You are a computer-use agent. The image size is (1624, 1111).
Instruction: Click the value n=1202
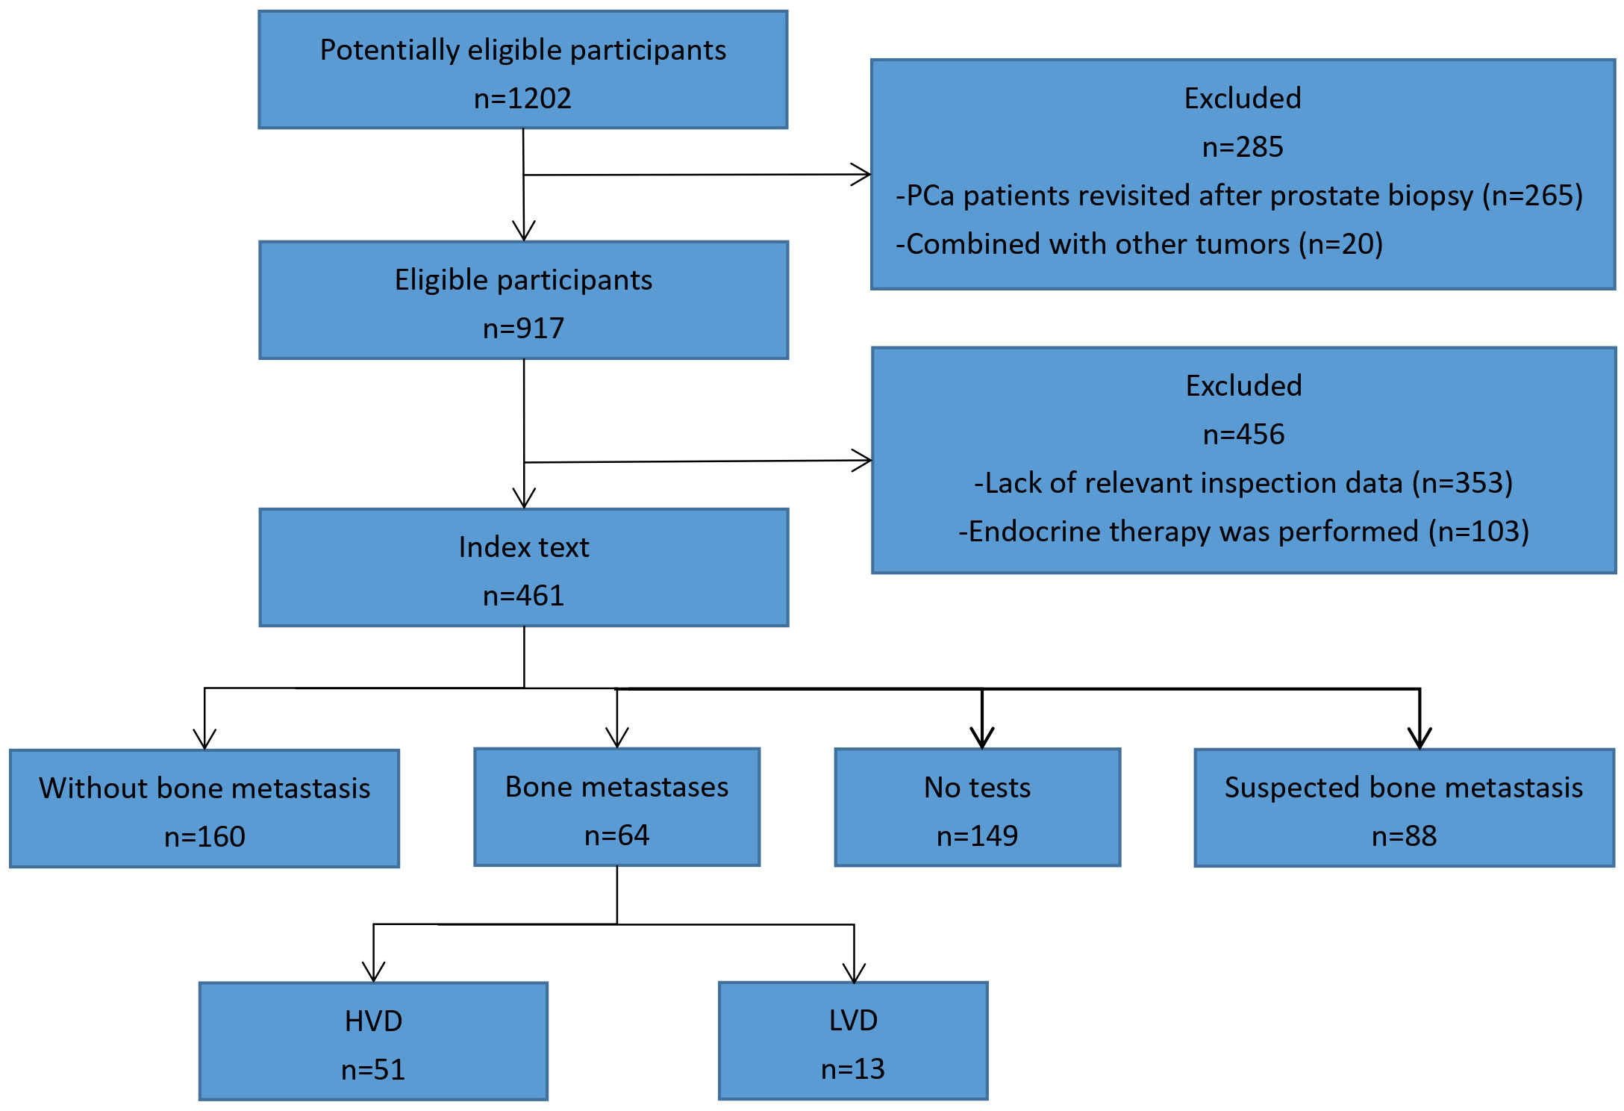522,99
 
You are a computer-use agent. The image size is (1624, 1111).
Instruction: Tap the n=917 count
523,329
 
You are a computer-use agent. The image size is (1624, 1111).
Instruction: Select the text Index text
523,547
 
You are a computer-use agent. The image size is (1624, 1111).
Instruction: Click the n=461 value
523,596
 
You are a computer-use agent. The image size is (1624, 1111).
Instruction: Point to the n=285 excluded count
1243,147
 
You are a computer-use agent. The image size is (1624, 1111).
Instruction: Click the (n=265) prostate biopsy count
1532,196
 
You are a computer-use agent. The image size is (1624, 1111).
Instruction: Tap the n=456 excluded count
1243,435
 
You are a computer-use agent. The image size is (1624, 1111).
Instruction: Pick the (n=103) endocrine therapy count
1478,532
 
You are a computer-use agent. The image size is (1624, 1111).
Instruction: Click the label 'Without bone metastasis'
204,788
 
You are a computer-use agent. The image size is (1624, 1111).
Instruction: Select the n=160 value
204,837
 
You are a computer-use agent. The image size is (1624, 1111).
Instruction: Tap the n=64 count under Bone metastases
616,835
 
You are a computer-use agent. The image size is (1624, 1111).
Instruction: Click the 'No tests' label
977,788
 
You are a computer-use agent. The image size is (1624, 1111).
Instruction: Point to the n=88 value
1404,836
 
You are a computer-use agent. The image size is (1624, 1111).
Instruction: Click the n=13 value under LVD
852,1069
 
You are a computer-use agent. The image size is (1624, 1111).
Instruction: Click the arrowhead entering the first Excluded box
862,175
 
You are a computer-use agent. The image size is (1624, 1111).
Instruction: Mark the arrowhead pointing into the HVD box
373,972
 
